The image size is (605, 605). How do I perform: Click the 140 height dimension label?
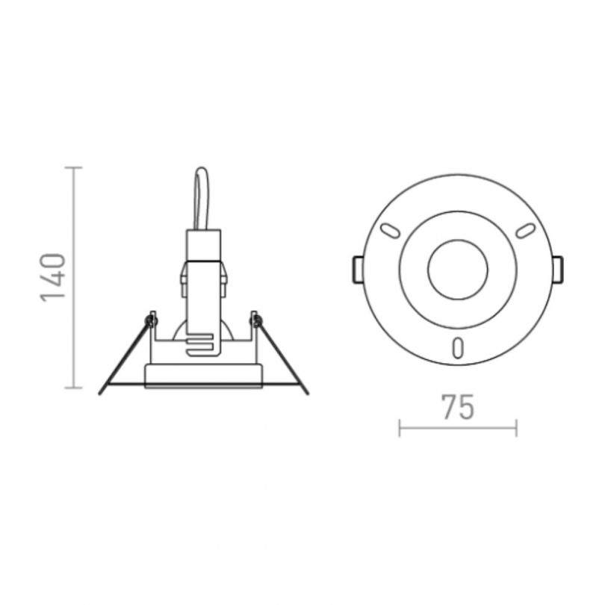(52, 277)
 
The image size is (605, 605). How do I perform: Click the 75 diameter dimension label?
(458, 407)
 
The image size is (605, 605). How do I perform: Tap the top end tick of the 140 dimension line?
(73, 168)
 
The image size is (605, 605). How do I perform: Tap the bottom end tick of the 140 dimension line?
(73, 388)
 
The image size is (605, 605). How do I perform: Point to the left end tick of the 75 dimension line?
(400, 428)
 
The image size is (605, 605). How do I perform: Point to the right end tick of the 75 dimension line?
(516, 428)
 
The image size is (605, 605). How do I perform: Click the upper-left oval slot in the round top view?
(390, 230)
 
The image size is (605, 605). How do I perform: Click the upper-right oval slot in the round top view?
(526, 230)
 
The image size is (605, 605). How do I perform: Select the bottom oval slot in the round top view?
(458, 347)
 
